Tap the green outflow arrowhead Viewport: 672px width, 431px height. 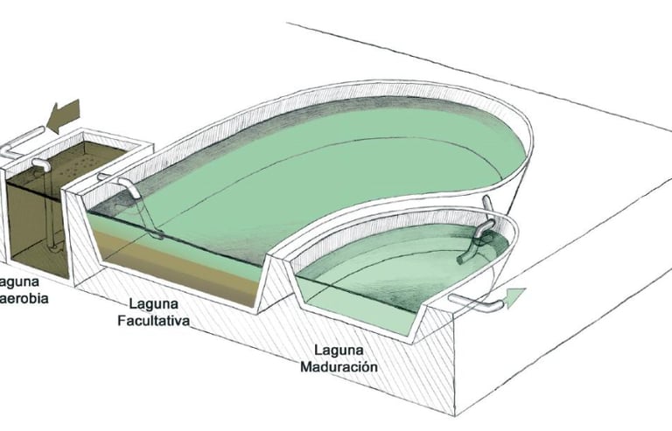(516, 297)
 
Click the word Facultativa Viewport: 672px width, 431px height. (155, 321)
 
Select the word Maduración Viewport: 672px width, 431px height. (339, 367)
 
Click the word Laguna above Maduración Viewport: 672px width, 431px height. (338, 351)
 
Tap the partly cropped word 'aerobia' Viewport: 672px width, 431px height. (24, 298)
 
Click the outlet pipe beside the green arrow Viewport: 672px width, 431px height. (477, 302)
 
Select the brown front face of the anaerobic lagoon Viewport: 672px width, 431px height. (35, 227)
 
